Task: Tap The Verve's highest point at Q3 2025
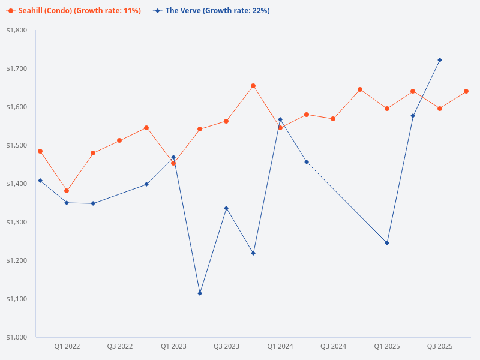point(440,60)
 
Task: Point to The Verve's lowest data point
point(200,293)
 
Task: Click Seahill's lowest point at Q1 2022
point(67,191)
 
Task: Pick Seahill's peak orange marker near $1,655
point(253,86)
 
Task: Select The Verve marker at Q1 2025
point(387,243)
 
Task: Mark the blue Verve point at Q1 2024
point(280,119)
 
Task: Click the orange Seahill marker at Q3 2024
point(333,119)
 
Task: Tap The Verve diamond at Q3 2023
point(226,208)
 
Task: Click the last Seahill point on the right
point(466,91)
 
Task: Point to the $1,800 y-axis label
point(17,30)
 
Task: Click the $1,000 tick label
point(17,337)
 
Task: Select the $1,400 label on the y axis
point(17,184)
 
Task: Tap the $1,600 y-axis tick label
point(17,107)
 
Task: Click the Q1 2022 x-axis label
point(67,346)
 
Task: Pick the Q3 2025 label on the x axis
point(440,346)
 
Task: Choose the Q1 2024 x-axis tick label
point(280,346)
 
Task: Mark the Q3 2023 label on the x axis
point(227,346)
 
